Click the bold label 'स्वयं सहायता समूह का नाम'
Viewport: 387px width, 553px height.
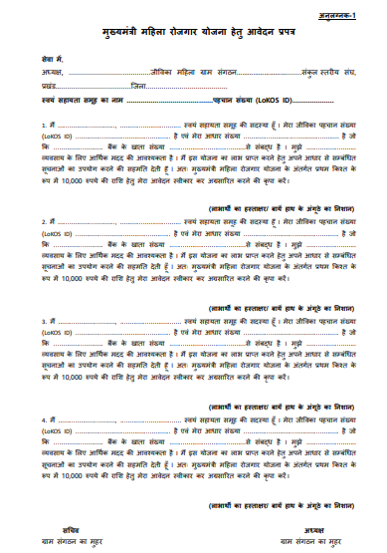point(84,101)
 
